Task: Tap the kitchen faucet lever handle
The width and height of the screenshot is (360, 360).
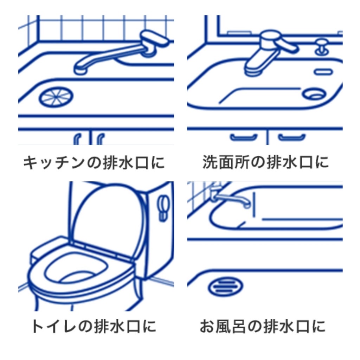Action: click(154, 38)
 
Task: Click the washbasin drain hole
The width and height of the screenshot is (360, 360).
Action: click(314, 94)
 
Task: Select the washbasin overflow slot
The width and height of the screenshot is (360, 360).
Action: click(323, 72)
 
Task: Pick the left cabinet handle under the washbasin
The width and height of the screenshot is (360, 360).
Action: click(244, 137)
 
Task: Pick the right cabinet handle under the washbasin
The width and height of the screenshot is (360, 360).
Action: click(292, 137)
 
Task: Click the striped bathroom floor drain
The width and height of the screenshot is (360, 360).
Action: click(225, 286)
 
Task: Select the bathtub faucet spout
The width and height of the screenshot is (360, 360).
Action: click(232, 199)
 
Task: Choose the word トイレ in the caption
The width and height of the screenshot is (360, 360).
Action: click(53, 326)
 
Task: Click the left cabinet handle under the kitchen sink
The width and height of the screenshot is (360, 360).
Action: click(77, 139)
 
